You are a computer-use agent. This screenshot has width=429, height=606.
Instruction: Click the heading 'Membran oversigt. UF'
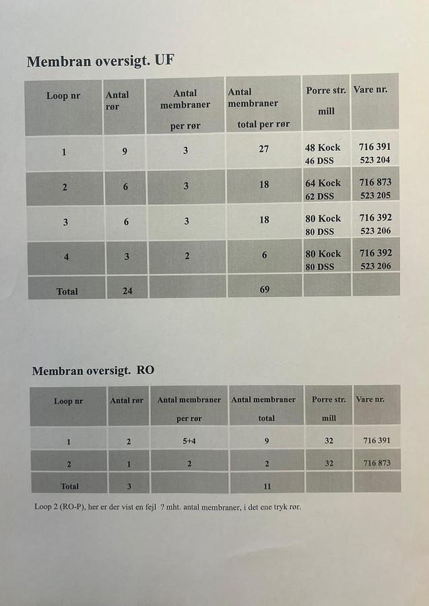(x=101, y=62)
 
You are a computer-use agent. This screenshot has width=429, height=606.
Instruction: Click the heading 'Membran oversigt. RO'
(x=93, y=371)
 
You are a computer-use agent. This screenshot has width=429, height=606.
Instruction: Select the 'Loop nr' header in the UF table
(x=63, y=96)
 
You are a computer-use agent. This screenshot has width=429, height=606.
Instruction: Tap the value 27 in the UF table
(x=264, y=149)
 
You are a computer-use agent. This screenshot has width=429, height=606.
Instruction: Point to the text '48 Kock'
(x=323, y=147)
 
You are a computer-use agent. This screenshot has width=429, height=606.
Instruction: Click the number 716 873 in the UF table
(x=375, y=182)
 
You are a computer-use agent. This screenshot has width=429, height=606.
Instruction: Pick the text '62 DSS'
(x=320, y=197)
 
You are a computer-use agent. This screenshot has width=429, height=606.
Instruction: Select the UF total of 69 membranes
(x=265, y=290)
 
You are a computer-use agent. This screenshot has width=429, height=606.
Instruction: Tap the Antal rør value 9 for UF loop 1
(x=125, y=151)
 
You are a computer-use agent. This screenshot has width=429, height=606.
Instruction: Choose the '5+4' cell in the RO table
(x=189, y=442)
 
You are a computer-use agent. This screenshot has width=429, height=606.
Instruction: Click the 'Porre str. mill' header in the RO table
(x=329, y=408)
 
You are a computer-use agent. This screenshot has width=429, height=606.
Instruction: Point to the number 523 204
(x=375, y=160)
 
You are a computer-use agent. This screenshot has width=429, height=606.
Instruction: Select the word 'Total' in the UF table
(x=67, y=292)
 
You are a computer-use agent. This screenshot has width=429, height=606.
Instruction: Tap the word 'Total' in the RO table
(x=69, y=485)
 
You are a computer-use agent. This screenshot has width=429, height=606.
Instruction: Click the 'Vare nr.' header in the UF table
(x=370, y=90)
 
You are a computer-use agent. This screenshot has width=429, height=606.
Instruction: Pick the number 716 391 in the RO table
(x=376, y=441)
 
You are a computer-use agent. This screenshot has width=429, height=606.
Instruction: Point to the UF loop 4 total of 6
(x=265, y=255)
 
